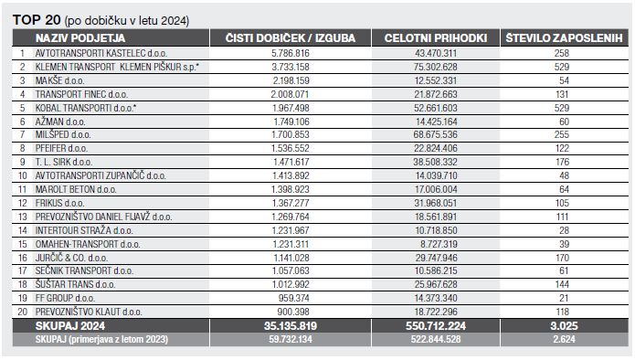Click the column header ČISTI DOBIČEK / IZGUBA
point(288,37)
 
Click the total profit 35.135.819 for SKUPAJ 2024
point(290,324)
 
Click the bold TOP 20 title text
point(36,18)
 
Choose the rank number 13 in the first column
point(22,217)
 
